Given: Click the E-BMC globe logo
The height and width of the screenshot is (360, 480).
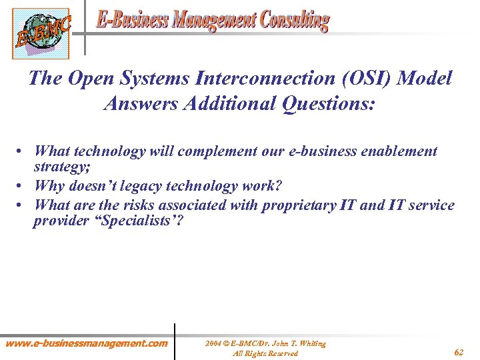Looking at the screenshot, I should pyautogui.click(x=40, y=33).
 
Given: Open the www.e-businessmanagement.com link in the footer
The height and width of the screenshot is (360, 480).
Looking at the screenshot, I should pyautogui.click(x=87, y=343).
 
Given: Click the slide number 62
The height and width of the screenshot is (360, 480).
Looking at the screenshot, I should pyautogui.click(x=459, y=351).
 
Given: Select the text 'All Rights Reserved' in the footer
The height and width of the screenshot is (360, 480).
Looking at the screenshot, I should pyautogui.click(x=265, y=353).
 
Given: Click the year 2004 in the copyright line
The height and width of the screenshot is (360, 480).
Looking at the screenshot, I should pyautogui.click(x=213, y=343).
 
